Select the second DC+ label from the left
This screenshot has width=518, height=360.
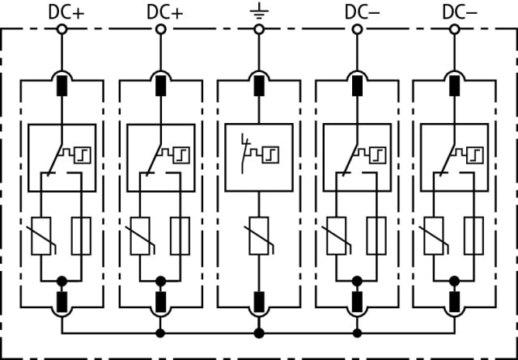164,11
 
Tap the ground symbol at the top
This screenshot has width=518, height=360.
259,11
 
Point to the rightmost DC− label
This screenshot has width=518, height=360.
460,11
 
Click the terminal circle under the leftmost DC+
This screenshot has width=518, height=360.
62,29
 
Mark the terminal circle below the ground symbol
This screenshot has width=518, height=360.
259,29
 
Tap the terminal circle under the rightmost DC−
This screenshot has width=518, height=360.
455,29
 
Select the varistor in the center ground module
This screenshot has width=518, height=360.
259,236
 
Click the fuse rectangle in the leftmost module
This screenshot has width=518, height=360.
80,236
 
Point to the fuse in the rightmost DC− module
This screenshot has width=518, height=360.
473,236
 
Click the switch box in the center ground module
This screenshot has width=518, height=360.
259,157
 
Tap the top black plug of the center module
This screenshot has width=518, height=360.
259,84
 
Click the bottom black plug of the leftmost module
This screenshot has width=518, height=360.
62,302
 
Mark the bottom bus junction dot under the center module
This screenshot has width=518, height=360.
259,332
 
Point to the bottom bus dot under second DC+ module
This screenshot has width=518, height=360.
161,332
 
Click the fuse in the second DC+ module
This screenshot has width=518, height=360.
179,236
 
